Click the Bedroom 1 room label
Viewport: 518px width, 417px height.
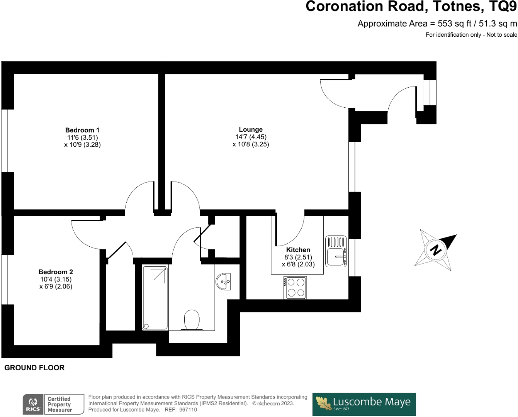[x=82, y=130]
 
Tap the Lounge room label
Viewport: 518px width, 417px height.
[x=251, y=129]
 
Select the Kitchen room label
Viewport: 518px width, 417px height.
[x=298, y=249]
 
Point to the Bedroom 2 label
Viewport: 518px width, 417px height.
[x=56, y=272]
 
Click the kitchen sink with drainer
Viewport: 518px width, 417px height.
[x=336, y=251]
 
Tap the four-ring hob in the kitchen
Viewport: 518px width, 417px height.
[x=295, y=288]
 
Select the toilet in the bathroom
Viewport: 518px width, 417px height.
[x=192, y=320]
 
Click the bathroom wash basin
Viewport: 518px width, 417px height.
[x=223, y=281]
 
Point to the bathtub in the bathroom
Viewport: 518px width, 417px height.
[x=155, y=298]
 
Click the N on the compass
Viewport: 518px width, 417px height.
[x=435, y=250]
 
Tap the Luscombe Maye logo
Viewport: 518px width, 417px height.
[x=364, y=404]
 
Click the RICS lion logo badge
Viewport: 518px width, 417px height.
[x=33, y=404]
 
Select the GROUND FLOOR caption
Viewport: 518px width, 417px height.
[x=34, y=368]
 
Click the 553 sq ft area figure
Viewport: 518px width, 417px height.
[x=454, y=24]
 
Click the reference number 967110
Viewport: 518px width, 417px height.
[x=188, y=410]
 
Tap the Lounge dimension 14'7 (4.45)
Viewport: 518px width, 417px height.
[x=251, y=137]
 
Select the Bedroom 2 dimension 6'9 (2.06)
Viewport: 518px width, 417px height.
[x=56, y=286]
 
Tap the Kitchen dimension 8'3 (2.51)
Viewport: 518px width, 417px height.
[x=298, y=257]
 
